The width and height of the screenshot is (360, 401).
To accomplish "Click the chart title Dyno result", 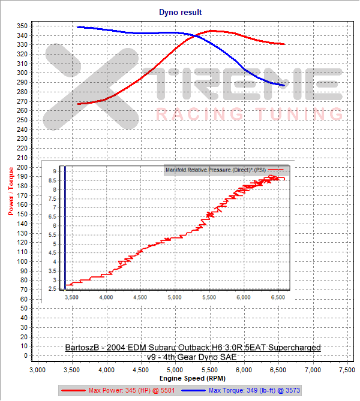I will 180,12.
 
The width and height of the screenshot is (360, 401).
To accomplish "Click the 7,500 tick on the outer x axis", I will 345,370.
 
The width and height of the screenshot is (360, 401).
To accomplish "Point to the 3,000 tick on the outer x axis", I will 38,370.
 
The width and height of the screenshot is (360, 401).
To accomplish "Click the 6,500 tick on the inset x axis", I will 278,297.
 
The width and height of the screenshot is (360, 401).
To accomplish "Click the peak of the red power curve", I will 212,31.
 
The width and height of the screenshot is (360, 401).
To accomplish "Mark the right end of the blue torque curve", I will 284,85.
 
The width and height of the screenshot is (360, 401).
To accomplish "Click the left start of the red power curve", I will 78,104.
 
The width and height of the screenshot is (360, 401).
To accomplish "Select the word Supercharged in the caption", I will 294,348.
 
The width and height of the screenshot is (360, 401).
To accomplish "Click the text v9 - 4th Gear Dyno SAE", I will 193,357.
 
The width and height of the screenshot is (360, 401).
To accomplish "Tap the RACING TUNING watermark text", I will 249,114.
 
